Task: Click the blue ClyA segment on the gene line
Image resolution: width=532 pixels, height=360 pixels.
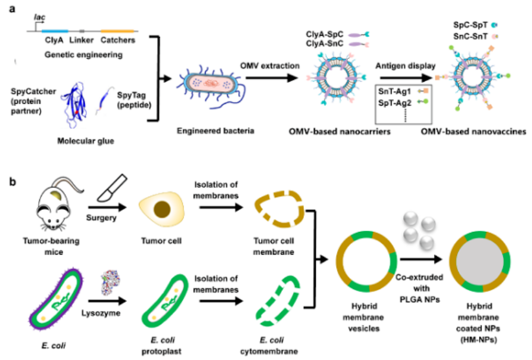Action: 55,31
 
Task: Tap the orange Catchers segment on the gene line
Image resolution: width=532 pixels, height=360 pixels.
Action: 117,31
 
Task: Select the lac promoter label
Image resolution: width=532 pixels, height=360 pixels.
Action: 40,17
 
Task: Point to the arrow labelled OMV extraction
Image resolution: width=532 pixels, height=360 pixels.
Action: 272,78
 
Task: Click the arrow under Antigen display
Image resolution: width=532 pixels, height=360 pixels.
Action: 404,78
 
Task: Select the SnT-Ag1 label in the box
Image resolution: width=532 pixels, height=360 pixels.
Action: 394,91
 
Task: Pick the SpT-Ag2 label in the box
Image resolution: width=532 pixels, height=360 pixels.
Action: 394,103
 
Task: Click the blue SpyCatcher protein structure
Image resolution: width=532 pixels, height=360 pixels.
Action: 74,104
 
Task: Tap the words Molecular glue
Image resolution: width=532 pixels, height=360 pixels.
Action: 86,141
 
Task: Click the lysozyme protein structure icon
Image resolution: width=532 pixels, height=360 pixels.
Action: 111,283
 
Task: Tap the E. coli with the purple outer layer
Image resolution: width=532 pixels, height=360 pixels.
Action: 57,299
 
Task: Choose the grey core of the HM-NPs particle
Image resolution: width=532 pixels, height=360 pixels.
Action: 480,262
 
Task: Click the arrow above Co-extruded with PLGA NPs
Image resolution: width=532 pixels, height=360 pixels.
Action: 421,259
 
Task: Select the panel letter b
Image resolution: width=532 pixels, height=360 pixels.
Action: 13,182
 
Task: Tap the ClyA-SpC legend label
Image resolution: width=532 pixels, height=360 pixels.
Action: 325,34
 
